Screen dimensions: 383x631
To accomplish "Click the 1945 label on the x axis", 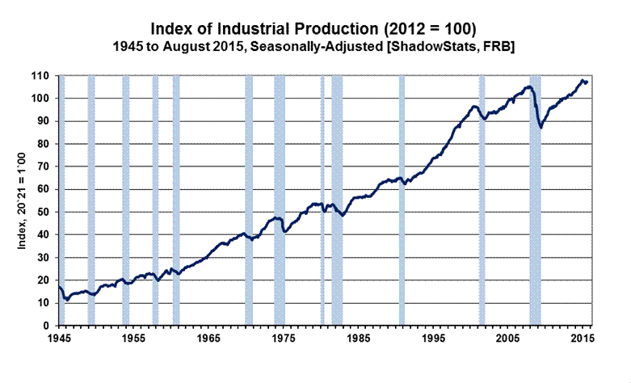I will pyautogui.click(x=60, y=338).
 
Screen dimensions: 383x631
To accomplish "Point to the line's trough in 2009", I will pyautogui.click(x=541, y=128).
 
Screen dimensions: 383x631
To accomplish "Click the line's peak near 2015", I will pyautogui.click(x=582, y=80).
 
